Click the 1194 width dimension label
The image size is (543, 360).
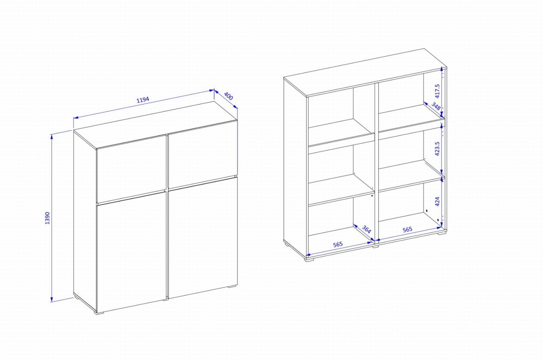coord(143,100)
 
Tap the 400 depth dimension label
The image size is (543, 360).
coord(228,96)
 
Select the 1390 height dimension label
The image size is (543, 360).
coord(48,218)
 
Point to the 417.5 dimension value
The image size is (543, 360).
coord(437,91)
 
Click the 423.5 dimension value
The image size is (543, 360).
coord(437,148)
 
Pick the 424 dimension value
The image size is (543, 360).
coord(437,202)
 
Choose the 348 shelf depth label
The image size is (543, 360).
coord(436,106)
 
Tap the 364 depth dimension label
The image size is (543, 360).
coord(366,229)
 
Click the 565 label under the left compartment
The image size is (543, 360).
coord(338,244)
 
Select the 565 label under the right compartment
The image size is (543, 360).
coord(408,229)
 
